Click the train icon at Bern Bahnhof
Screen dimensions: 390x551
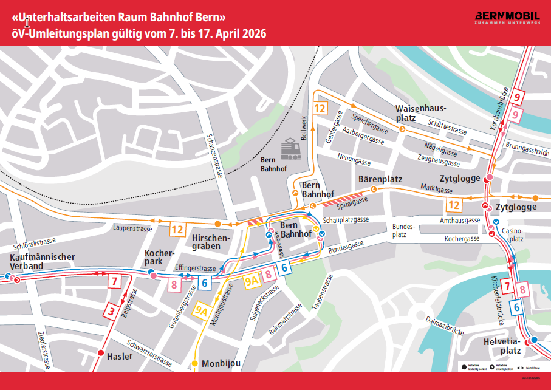[x=290, y=148]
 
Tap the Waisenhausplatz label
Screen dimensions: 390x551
[x=420, y=112]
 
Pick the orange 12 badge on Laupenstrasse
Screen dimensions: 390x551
[x=177, y=229]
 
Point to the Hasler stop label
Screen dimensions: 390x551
[x=119, y=356]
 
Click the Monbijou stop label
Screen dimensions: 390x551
[x=221, y=363]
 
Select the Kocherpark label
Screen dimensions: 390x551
[x=160, y=257]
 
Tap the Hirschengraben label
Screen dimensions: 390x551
[x=209, y=242]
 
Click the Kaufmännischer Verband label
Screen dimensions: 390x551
[x=43, y=261]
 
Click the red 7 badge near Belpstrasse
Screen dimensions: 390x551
[x=114, y=281]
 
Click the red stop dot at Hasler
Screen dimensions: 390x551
[x=101, y=353]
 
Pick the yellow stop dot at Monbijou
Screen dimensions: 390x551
[x=195, y=364]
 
